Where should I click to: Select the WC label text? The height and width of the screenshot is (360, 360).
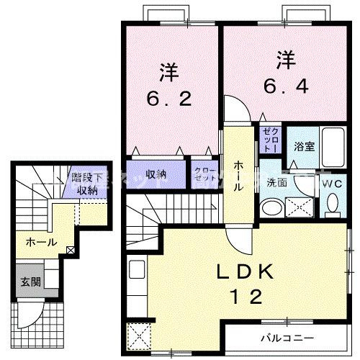333,184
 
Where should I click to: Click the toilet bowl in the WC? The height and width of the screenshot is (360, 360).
333,206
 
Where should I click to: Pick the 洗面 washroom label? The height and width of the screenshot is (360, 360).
277,183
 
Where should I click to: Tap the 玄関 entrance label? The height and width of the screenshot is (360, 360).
30,282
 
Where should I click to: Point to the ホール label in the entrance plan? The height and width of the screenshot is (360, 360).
40,243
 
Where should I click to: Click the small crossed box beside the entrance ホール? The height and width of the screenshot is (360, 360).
70,251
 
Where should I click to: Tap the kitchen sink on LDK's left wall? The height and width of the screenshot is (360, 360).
137,274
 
